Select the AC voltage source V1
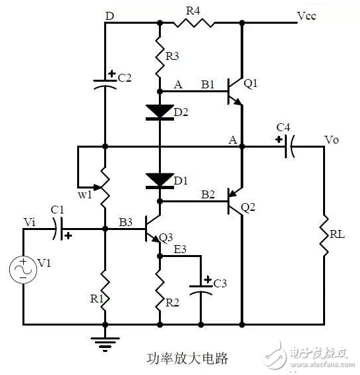coord(23,270)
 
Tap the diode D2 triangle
coord(160,111)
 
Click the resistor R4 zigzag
coord(194,23)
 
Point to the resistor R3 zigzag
coord(160,57)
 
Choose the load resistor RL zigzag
coord(324,235)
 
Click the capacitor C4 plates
coord(289,146)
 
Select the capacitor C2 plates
coord(105,84)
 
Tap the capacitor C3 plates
coord(200,289)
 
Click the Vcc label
coord(307,16)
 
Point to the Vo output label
coord(332,140)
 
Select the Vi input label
coord(30,222)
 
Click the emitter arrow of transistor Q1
coord(237,101)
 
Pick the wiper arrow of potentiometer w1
coord(98,187)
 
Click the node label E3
coord(180,249)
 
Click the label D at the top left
coord(110,16)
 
